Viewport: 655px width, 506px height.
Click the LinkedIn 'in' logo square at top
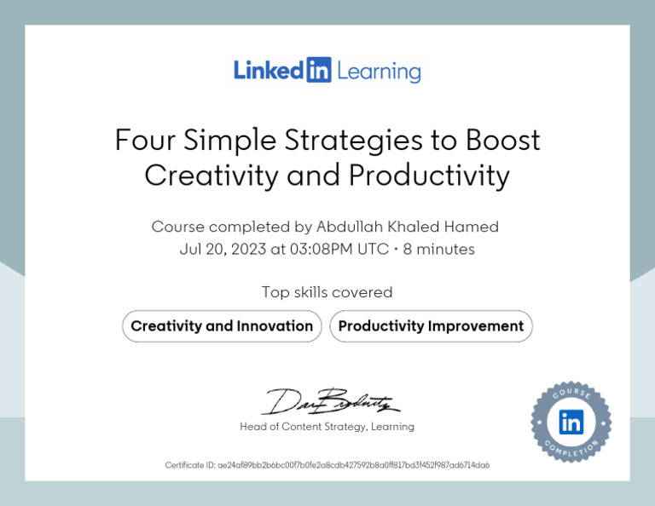point(317,70)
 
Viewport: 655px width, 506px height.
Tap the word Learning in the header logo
point(379,71)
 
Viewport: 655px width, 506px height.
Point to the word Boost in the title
point(503,140)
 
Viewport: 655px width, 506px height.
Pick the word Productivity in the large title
point(429,175)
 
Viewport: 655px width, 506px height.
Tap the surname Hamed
point(471,227)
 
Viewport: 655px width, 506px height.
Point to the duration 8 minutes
point(438,250)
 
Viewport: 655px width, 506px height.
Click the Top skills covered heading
point(327,292)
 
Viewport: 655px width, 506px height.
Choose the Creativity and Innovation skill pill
point(222,326)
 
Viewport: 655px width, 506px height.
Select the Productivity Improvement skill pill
point(431,326)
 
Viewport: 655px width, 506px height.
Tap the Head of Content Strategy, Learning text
point(327,427)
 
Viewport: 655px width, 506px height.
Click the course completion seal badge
point(571,423)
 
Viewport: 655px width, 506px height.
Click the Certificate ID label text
point(189,465)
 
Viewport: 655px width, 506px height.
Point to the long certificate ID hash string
point(353,465)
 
